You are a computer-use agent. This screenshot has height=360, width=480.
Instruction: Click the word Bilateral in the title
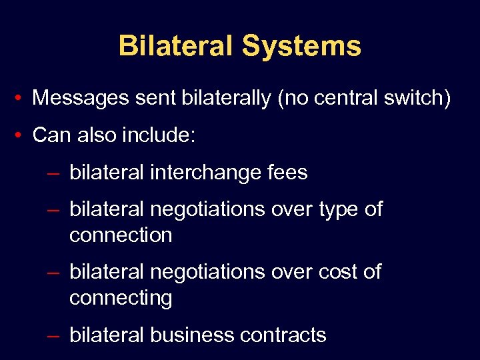pos(176,47)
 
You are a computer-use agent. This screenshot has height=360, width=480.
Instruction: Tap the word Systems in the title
pos(301,47)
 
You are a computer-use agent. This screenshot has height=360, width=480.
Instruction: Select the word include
pos(159,135)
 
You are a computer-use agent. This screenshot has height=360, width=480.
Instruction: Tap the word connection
pos(121,235)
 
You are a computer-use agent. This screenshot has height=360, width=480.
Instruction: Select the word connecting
pos(121,298)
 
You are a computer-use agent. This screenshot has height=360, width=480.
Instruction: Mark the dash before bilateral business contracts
pos(55,336)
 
